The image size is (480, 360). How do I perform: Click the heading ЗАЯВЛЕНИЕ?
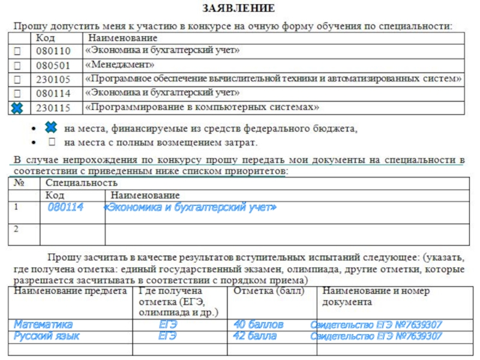(239, 8)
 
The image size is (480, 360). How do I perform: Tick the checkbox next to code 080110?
(17, 51)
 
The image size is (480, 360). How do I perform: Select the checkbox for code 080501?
(17, 65)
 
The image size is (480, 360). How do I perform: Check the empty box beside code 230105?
(17, 80)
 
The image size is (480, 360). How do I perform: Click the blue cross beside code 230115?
(17, 109)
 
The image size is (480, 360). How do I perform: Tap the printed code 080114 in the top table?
(53, 94)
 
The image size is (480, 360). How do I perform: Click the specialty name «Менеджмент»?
(120, 65)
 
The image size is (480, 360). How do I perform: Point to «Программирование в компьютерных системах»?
(202, 108)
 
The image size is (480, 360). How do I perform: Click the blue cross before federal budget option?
(51, 128)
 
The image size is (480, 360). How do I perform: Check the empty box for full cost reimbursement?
(52, 142)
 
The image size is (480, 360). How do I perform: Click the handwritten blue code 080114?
(65, 208)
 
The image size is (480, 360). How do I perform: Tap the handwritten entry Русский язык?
(47, 336)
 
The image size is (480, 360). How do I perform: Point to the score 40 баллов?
(258, 325)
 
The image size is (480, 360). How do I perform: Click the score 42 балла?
(255, 336)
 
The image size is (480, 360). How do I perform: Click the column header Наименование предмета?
(71, 291)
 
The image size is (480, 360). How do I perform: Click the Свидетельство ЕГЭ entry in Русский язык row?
(376, 336)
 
